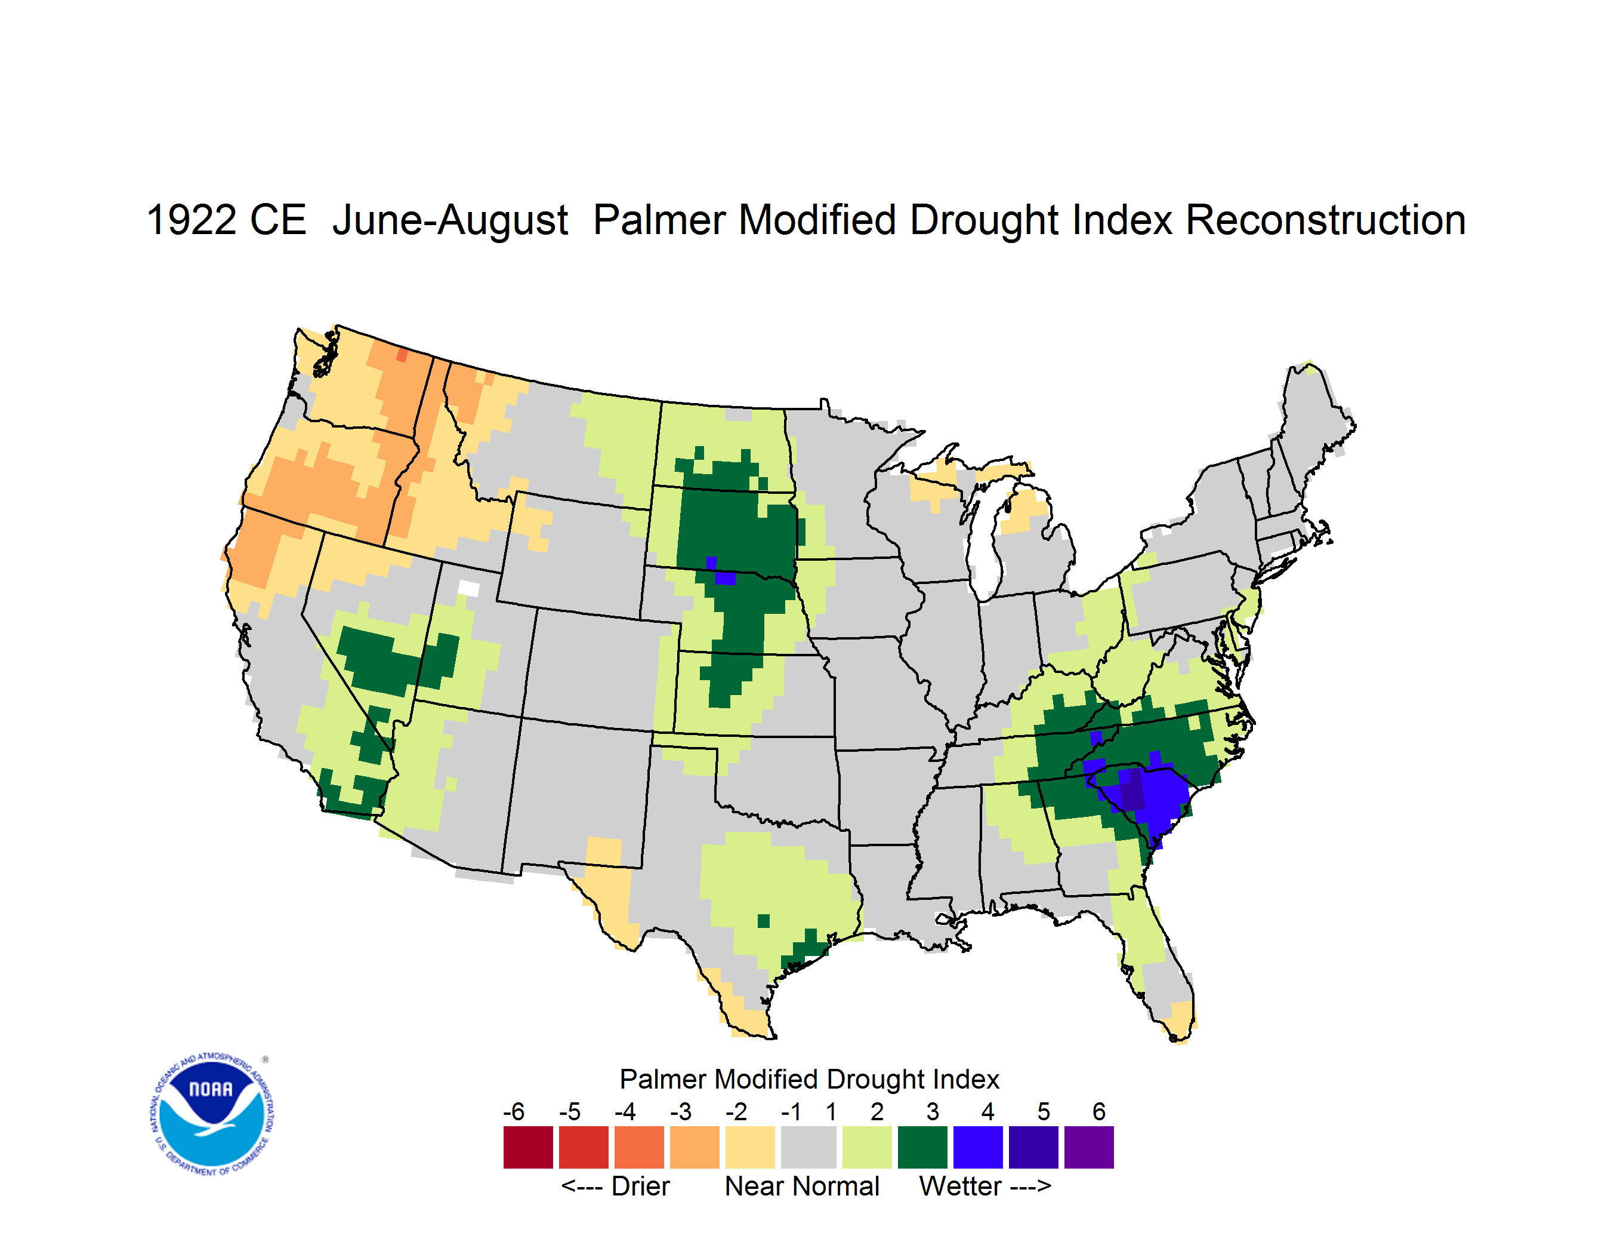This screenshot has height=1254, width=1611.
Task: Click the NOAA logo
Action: point(212,1114)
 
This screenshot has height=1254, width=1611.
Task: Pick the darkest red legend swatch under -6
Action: point(528,1147)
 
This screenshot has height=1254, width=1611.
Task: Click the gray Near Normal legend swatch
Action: point(808,1147)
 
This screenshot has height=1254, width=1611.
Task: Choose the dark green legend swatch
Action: point(922,1147)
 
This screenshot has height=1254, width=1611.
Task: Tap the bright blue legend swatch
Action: point(978,1147)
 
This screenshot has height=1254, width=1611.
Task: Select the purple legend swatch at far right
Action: point(1089,1147)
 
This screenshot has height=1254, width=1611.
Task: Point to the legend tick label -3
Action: point(680,1111)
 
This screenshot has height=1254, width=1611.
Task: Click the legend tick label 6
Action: point(1099,1111)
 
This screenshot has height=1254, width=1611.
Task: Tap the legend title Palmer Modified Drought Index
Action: point(809,1079)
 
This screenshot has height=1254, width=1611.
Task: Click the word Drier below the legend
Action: point(640,1186)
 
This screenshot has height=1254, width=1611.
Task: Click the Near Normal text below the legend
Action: point(802,1186)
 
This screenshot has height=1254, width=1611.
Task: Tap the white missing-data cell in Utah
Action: point(468,588)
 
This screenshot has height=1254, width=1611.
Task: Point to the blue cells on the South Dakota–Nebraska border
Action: point(721,572)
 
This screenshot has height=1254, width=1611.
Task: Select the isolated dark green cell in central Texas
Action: point(764,921)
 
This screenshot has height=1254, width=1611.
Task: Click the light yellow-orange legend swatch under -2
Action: point(750,1147)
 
